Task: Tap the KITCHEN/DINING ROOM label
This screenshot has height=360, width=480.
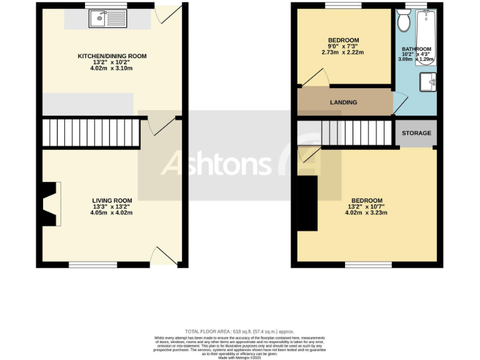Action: tap(112, 56)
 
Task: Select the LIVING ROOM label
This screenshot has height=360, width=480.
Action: tap(111, 200)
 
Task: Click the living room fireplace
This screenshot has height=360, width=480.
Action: tap(51, 203)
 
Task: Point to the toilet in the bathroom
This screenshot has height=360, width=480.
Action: tap(403, 22)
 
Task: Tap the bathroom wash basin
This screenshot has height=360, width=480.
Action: tap(428, 81)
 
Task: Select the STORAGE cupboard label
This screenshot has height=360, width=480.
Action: tap(416, 133)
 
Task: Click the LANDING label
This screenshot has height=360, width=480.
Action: tap(344, 102)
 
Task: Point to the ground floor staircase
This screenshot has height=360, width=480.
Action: tap(91, 133)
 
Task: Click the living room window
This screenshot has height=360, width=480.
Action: tap(92, 265)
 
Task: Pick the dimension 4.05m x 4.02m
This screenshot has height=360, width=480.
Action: tap(111, 212)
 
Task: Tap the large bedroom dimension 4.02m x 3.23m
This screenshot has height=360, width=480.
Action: tap(367, 212)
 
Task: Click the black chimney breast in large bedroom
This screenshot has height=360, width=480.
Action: tap(307, 204)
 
